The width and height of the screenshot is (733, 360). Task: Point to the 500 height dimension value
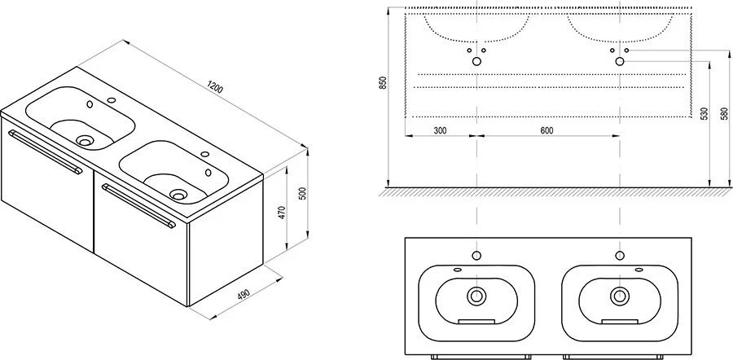pyautogui.click(x=302, y=194)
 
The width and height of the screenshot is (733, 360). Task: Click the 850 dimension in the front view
pyautogui.click(x=383, y=82)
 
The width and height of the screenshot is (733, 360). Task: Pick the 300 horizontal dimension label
pyautogui.click(x=440, y=130)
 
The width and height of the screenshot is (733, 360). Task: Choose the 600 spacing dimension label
pyautogui.click(x=546, y=130)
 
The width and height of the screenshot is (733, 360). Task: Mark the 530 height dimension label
pyautogui.click(x=704, y=115)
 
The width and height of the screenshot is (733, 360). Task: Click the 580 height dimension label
pyautogui.click(x=725, y=115)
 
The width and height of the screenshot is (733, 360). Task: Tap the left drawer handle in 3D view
pyautogui.click(x=45, y=153)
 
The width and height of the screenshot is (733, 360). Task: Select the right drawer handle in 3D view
pyautogui.click(x=138, y=206)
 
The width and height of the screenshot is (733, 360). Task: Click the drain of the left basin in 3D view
pyautogui.click(x=85, y=140)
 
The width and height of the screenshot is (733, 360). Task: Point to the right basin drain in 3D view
pyautogui.click(x=178, y=194)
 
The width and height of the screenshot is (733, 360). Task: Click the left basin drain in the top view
pyautogui.click(x=476, y=295)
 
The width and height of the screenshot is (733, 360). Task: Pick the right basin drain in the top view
pyautogui.click(x=620, y=295)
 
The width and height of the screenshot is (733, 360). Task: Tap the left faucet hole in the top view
pyautogui.click(x=476, y=255)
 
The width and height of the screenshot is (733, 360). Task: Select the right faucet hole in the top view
pyautogui.click(x=620, y=255)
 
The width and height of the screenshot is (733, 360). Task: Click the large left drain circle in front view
pyautogui.click(x=476, y=61)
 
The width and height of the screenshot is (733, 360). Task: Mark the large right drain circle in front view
pyautogui.click(x=620, y=61)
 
